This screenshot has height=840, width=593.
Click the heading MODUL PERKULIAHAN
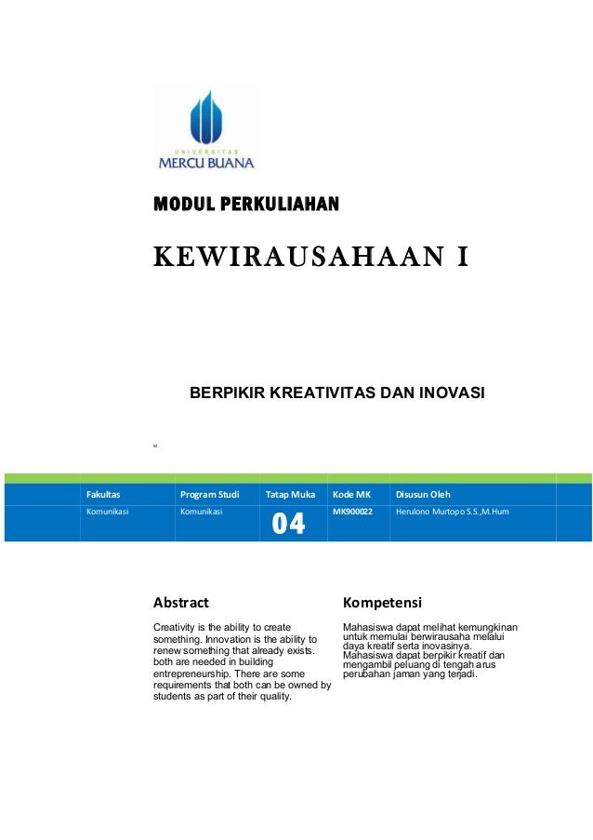tap(245, 203)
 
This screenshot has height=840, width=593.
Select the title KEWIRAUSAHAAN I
tap(310, 255)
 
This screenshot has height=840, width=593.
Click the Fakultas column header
tap(103, 494)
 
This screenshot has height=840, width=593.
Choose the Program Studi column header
tap(209, 494)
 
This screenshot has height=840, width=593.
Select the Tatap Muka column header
tap(290, 494)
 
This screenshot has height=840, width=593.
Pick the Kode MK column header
tap(351, 494)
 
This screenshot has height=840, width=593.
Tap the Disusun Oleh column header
tap(423, 494)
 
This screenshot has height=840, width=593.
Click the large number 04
tap(288, 525)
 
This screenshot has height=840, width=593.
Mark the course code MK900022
tap(352, 512)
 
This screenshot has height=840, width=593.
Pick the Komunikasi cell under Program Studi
tap(200, 512)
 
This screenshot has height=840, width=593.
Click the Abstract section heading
tap(180, 602)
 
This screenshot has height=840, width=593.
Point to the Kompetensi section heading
tap(382, 602)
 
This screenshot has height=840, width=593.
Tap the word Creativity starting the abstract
tap(175, 628)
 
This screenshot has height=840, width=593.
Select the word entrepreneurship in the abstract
tap(192, 673)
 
